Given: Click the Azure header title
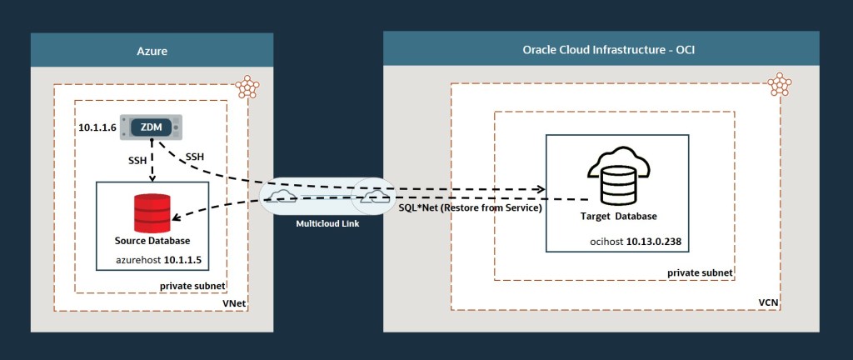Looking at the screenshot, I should [152, 51].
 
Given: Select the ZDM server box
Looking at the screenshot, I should [151, 127].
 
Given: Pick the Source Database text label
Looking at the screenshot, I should [152, 241].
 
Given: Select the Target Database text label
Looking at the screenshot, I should [618, 217].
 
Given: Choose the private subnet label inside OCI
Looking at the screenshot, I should [700, 272].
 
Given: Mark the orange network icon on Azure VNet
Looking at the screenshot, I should [246, 86].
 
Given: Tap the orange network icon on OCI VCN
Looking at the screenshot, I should [779, 84].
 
